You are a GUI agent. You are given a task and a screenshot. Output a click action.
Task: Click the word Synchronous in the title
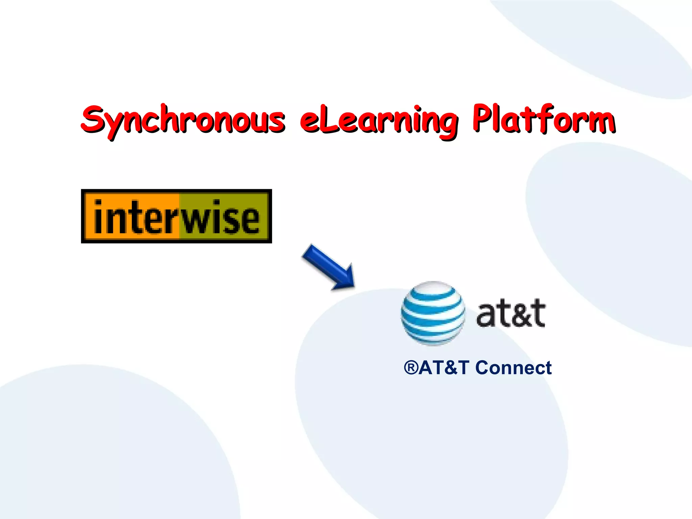coord(182,120)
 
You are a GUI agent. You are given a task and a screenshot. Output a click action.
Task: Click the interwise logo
coord(176,216)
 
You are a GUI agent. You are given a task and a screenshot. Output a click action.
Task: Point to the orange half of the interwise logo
coord(132,216)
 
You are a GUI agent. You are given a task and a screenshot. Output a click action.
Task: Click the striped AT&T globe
coord(433,313)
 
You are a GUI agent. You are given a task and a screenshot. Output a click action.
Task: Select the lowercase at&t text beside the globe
coord(511,313)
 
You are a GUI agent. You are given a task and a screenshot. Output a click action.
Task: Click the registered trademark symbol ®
coord(411,368)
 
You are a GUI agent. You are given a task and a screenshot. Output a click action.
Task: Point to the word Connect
coord(514,368)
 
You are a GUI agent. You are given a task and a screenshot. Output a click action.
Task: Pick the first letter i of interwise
coord(98,216)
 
